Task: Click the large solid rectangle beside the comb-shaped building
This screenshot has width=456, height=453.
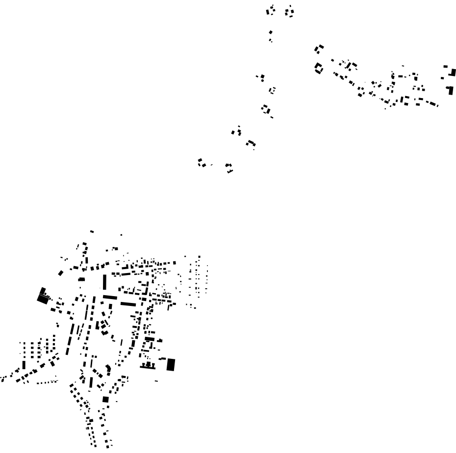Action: click(171, 364)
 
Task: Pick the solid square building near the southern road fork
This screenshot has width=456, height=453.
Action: click(105, 399)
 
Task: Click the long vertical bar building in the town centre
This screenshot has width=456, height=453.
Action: click(104, 282)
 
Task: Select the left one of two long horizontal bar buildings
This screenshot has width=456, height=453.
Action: click(110, 297)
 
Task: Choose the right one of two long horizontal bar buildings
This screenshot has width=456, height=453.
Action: click(128, 304)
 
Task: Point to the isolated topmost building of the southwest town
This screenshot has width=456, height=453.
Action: click(92, 231)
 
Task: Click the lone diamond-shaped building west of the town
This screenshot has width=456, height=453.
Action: click(61, 273)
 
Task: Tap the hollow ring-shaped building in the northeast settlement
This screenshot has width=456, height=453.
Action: click(319, 68)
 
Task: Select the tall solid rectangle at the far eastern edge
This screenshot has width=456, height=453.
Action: click(451, 90)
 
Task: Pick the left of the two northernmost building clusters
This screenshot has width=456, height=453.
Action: click(271, 10)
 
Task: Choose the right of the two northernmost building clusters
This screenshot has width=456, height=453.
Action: click(290, 11)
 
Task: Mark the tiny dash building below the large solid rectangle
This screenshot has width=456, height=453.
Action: click(156, 380)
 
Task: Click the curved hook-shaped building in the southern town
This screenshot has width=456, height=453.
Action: click(108, 368)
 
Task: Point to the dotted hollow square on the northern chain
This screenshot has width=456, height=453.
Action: click(273, 90)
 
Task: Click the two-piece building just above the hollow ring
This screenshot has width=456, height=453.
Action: click(319, 49)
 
